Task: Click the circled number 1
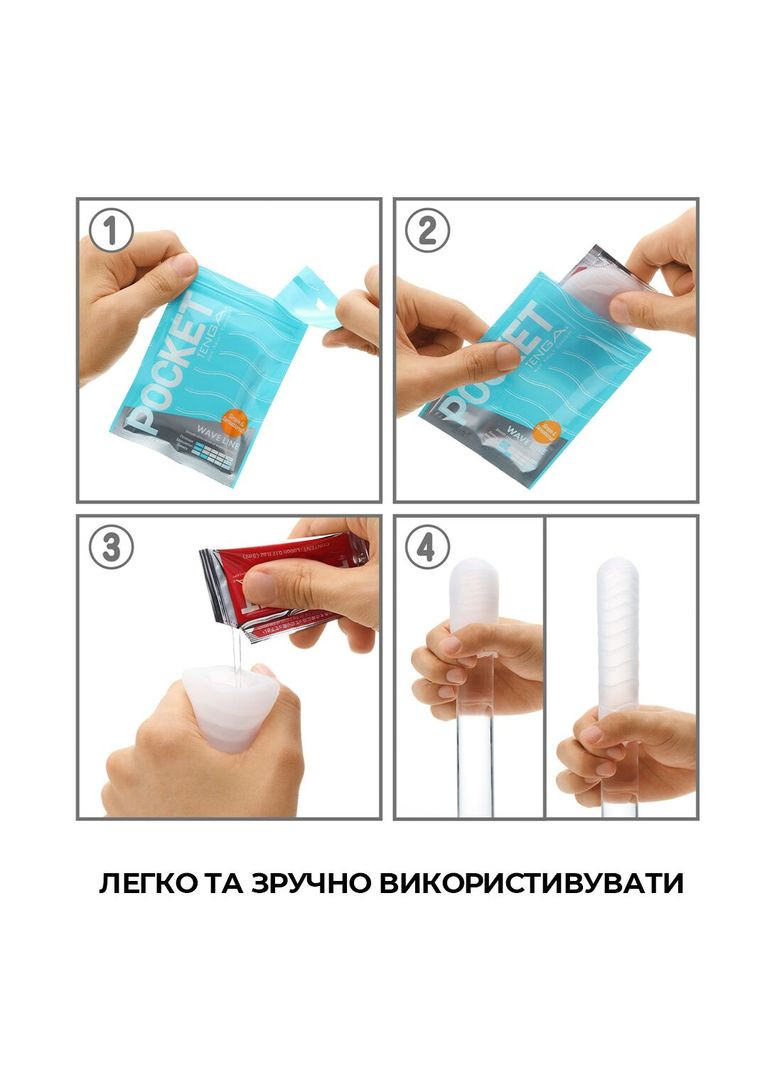(x=111, y=231)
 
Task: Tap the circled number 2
(x=427, y=231)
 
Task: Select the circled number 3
(x=111, y=547)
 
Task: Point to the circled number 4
(x=427, y=547)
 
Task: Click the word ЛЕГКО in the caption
(x=149, y=884)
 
